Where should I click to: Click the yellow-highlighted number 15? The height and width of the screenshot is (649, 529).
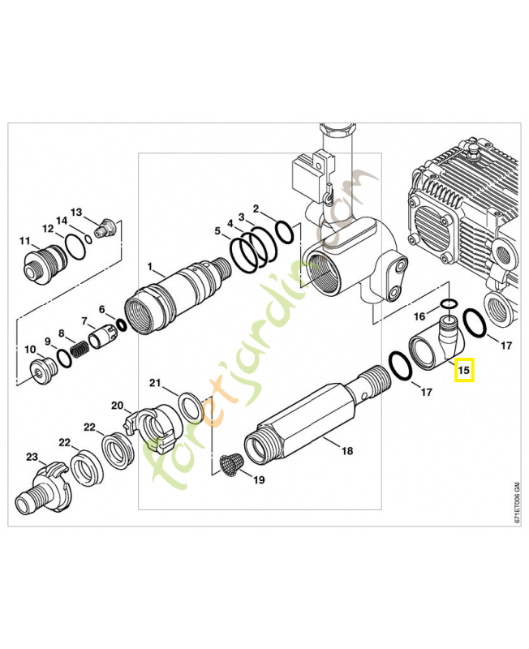[x=464, y=371]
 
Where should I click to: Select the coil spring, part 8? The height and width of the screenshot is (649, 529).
[x=80, y=350]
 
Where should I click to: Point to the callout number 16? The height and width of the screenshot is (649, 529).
[x=419, y=315]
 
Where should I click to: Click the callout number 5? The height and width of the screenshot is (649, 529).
[x=217, y=232]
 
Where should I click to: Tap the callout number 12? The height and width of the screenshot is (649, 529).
[x=47, y=230]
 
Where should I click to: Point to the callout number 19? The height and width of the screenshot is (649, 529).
[x=258, y=480]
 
